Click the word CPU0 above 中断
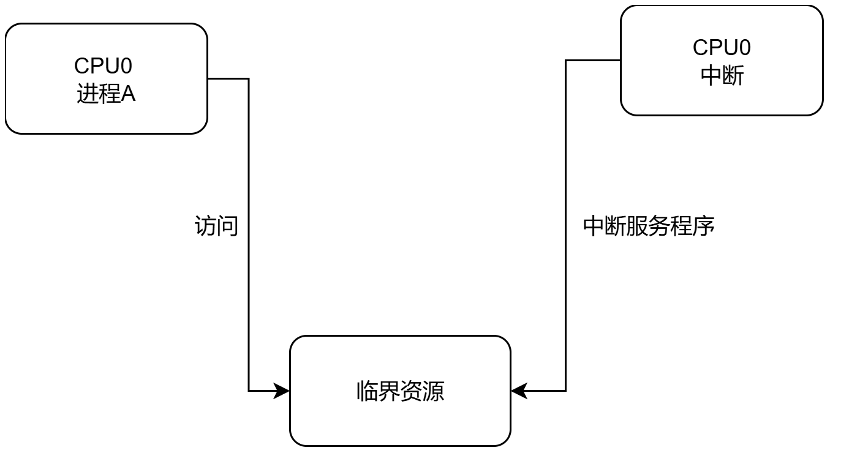tap(722, 47)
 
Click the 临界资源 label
tap(400, 391)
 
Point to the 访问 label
tap(216, 227)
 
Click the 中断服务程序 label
tap(649, 227)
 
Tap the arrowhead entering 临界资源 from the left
tap(282, 391)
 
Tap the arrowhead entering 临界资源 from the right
tap(518, 391)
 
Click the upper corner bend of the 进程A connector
tap(248, 78)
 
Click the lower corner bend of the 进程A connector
tap(248, 391)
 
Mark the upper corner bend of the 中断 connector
tap(565, 60)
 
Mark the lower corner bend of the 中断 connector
tap(565, 391)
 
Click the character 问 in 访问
tap(227, 227)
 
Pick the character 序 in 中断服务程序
tap(704, 227)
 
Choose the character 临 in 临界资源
tap(367, 391)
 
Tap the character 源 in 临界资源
tap(434, 391)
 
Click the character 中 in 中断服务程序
tap(594, 227)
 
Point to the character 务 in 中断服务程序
tap(660, 227)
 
